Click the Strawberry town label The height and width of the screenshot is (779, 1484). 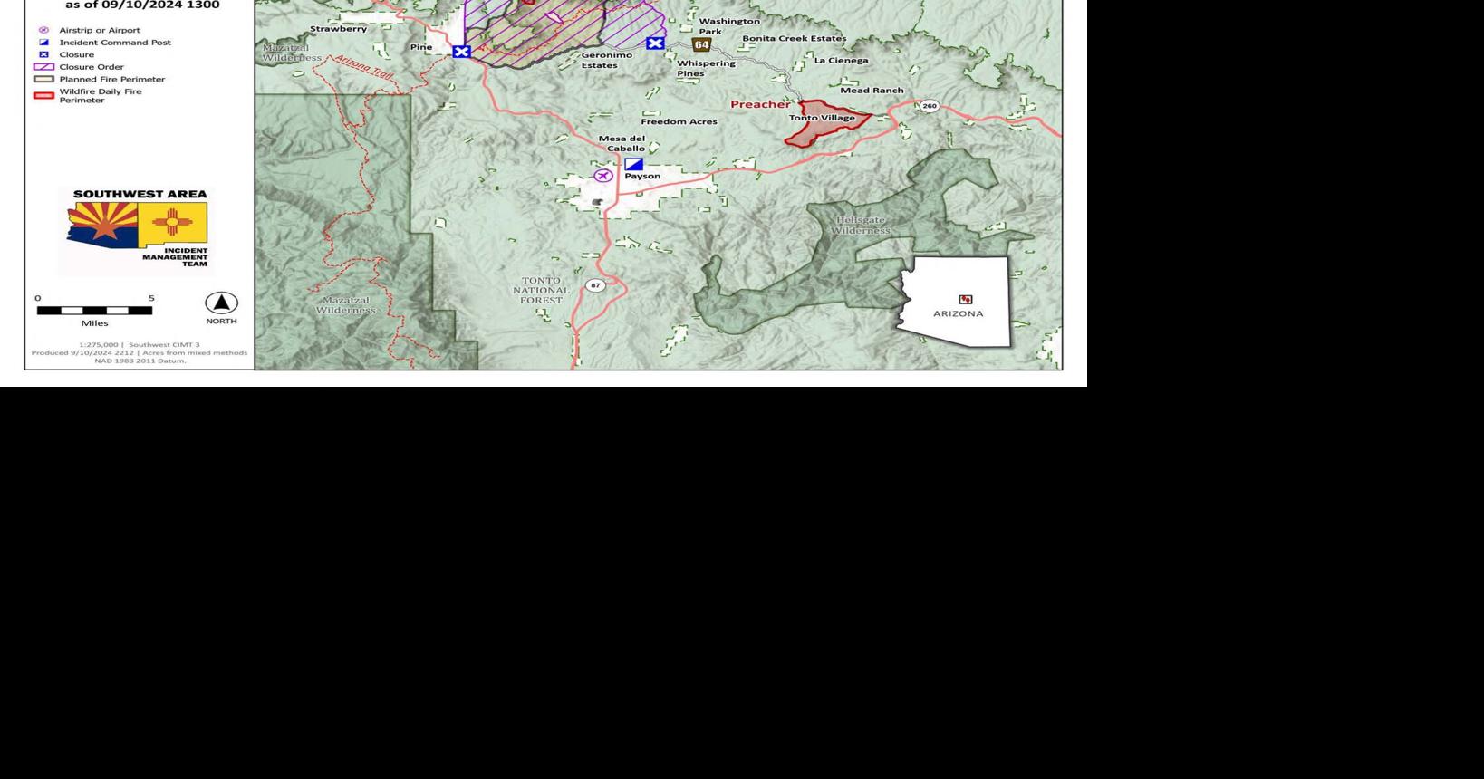pyautogui.click(x=338, y=29)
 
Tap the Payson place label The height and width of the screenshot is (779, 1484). pyautogui.click(x=642, y=176)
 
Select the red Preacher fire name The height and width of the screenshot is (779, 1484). pyautogui.click(x=759, y=104)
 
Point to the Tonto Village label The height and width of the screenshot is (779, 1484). pyautogui.click(x=822, y=118)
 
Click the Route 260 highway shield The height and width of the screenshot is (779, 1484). pyautogui.click(x=929, y=106)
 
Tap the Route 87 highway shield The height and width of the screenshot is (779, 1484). pyautogui.click(x=594, y=285)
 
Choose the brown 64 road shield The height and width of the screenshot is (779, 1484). pyautogui.click(x=701, y=44)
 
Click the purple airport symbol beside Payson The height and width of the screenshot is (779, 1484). pyautogui.click(x=602, y=175)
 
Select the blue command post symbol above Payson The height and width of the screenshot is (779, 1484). pyautogui.click(x=633, y=164)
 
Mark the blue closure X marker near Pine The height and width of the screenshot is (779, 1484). pyautogui.click(x=461, y=52)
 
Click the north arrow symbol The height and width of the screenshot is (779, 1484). pyautogui.click(x=221, y=303)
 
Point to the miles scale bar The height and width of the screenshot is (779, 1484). pyautogui.click(x=94, y=311)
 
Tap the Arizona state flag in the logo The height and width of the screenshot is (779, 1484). pyautogui.click(x=102, y=225)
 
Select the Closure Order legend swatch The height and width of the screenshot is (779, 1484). pyautogui.click(x=43, y=67)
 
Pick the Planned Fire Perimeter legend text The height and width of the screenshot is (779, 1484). pyautogui.click(x=112, y=80)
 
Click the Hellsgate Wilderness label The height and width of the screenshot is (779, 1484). pyautogui.click(x=860, y=226)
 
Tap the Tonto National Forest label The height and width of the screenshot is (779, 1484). pyautogui.click(x=541, y=290)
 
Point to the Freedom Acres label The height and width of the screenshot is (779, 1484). pyautogui.click(x=679, y=121)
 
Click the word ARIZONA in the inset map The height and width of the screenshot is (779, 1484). pyautogui.click(x=958, y=313)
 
